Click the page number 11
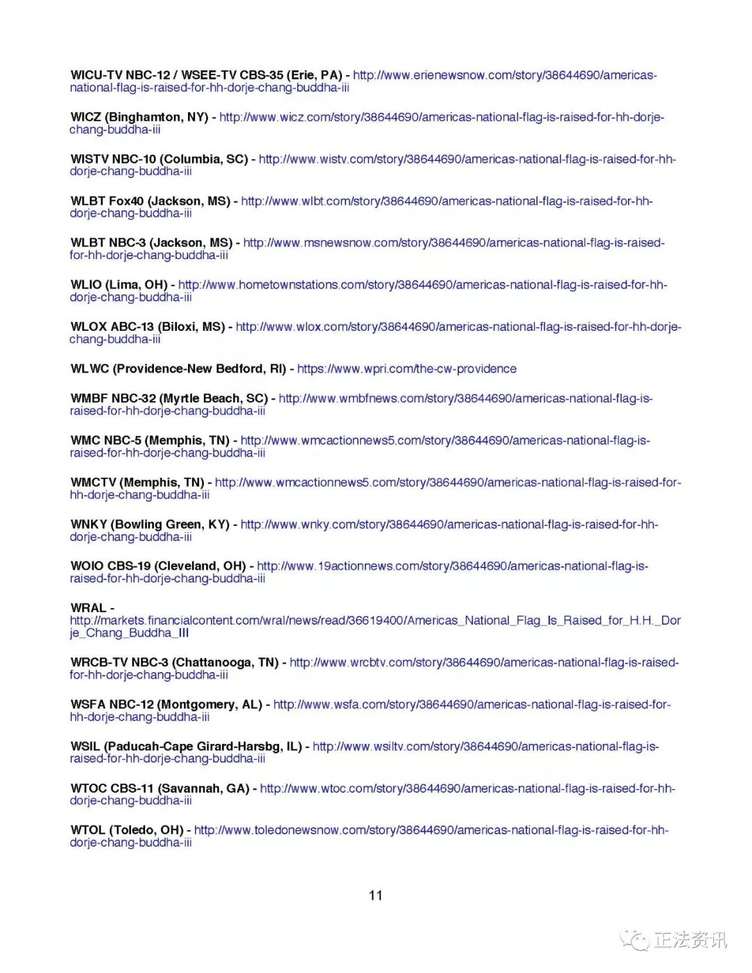tap(375, 896)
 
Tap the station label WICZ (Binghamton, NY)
tap(139, 117)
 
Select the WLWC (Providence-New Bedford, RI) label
tap(178, 368)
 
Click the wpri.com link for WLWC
tap(407, 368)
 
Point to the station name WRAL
tap(88, 608)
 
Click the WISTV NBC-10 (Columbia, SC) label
tap(159, 159)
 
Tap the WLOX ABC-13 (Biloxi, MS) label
tap(148, 327)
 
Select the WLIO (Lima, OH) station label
tap(118, 285)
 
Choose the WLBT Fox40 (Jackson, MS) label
tap(150, 201)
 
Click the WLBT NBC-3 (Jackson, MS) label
tap(151, 243)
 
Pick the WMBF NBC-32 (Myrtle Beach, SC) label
tap(169, 398)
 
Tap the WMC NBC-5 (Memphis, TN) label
tap(150, 440)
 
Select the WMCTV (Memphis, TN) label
tap(137, 482)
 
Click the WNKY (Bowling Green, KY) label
tap(150, 524)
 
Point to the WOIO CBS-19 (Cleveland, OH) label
tap(158, 566)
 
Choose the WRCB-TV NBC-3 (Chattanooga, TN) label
tap(174, 662)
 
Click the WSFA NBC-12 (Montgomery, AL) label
tap(166, 704)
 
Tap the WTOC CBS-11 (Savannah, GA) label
tap(159, 788)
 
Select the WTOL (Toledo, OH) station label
tap(127, 830)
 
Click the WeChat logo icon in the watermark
tap(634, 940)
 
